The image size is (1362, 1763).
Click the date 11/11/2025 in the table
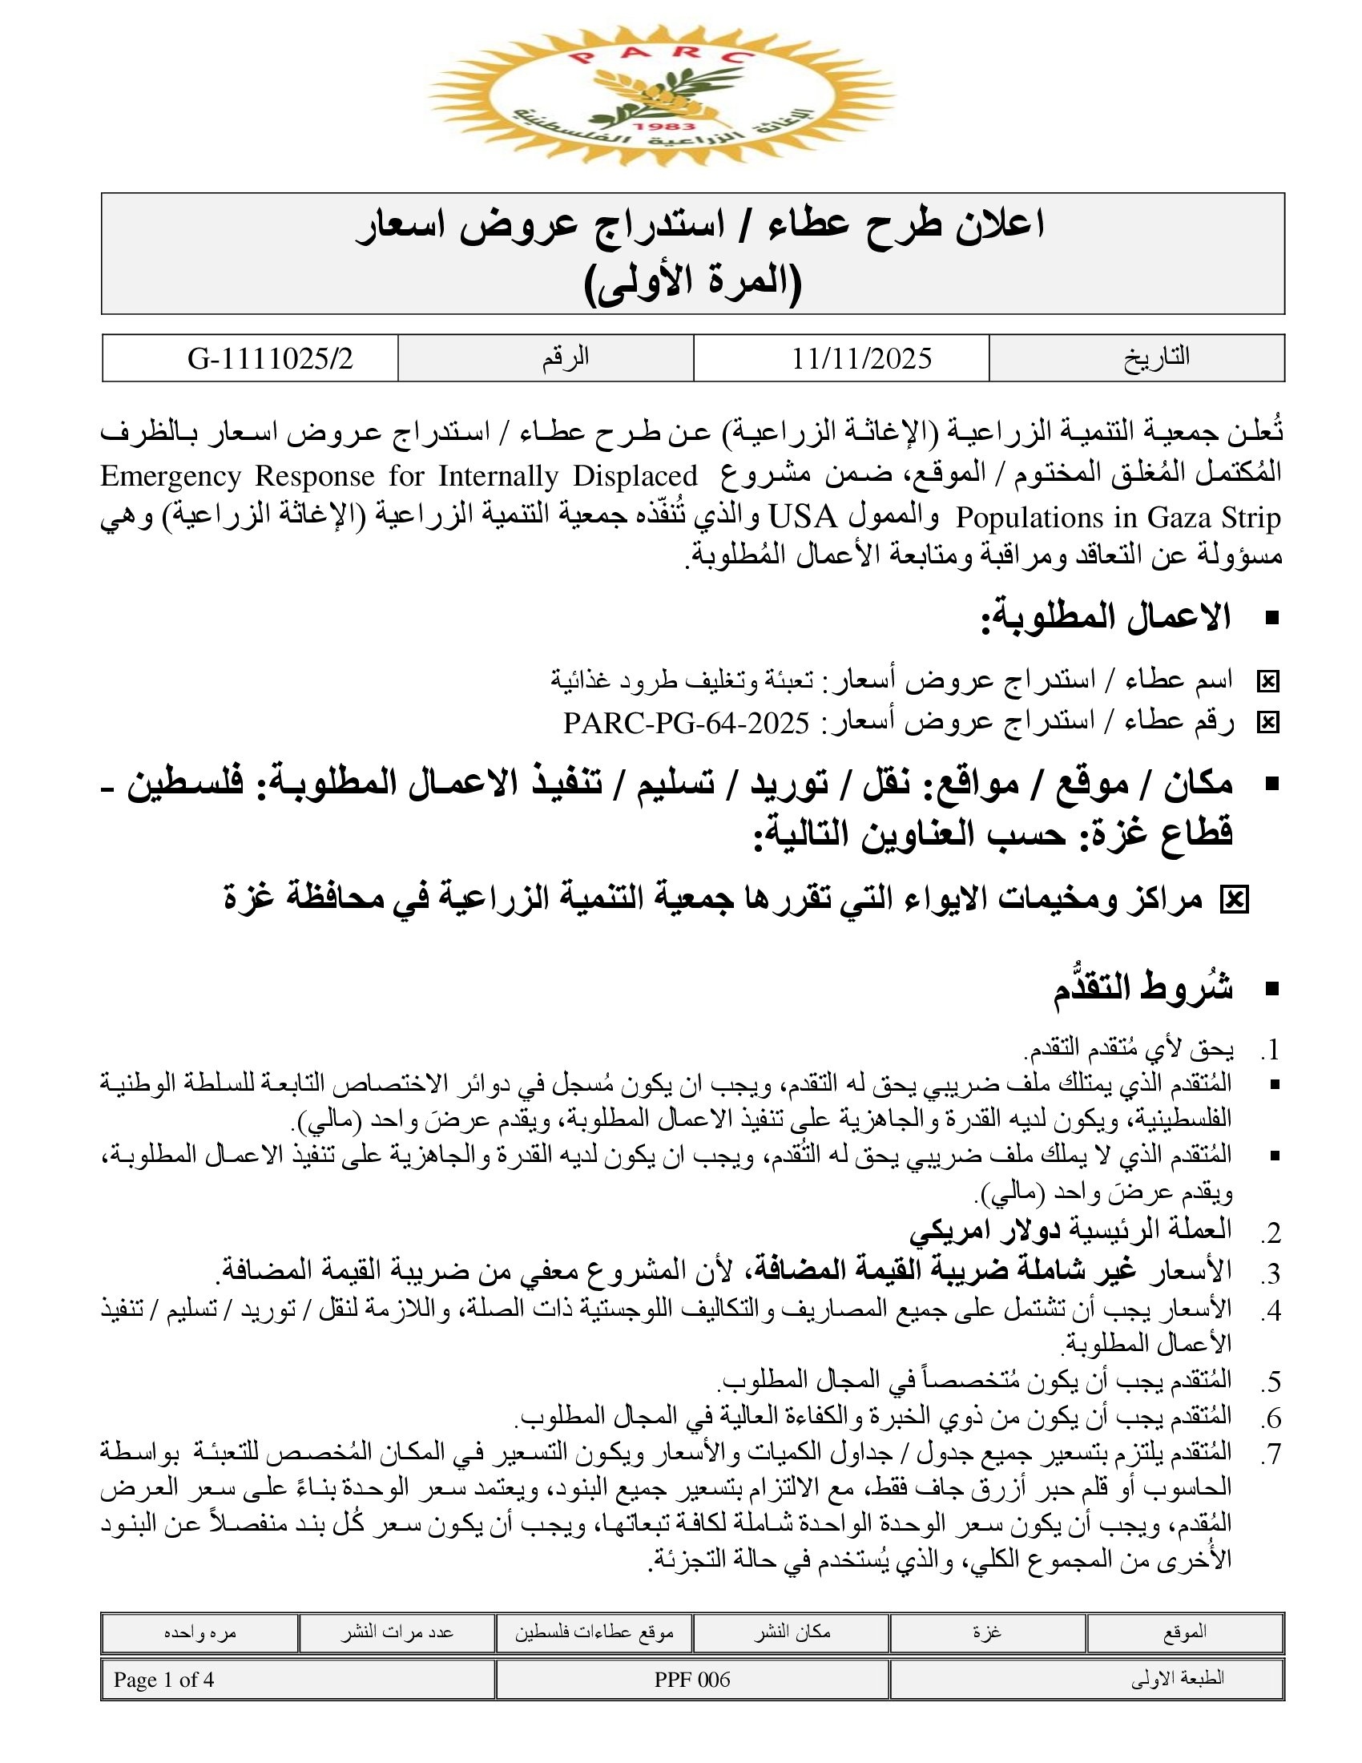coord(861,358)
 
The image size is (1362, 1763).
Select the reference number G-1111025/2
coord(270,358)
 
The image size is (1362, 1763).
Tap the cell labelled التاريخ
coord(1156,357)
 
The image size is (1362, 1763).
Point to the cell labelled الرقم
coord(565,357)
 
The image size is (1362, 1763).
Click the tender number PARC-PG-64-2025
coord(686,723)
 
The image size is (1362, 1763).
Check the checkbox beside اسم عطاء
coord(1267,683)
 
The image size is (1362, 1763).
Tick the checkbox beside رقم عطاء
coord(1267,723)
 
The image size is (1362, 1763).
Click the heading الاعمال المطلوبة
coord(1106,619)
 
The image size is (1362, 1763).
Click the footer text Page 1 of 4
coord(163,1680)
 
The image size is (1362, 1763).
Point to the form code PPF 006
coord(692,1680)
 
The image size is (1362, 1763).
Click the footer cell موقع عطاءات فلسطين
coord(594,1632)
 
